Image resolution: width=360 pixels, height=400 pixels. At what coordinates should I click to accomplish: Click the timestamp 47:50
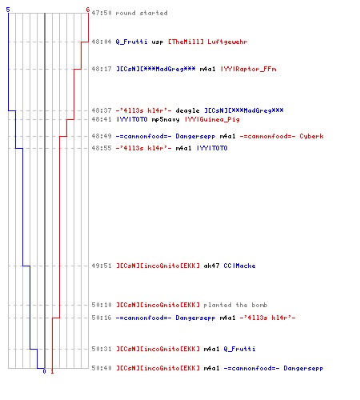tap(102, 13)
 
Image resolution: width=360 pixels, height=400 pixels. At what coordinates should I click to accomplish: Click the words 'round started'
tap(142, 13)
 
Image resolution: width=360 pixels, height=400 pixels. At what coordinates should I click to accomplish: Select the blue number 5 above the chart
tap(8, 10)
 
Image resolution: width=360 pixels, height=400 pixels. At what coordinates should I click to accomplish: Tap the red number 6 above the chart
tap(88, 10)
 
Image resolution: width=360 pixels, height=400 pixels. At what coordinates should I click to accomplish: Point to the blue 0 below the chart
tap(44, 371)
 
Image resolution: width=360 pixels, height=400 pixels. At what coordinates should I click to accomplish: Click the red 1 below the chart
tap(52, 371)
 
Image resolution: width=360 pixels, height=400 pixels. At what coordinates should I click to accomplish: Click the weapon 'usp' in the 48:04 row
tap(158, 42)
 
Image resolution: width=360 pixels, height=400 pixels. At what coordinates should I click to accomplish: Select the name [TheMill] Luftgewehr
tap(208, 42)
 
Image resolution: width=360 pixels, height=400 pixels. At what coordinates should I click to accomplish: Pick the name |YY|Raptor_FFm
tap(249, 69)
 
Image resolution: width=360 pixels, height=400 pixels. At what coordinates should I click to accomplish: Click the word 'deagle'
tap(187, 110)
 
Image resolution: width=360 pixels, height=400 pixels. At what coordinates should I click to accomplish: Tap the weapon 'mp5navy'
tap(166, 119)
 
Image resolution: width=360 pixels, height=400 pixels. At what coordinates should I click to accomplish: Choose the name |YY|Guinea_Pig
tap(212, 119)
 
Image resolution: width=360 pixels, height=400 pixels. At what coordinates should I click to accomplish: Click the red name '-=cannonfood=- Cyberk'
tap(282, 136)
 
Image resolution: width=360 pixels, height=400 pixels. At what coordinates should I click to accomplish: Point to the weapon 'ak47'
tap(211, 266)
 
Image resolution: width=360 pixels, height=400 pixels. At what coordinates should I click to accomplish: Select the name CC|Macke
tap(239, 266)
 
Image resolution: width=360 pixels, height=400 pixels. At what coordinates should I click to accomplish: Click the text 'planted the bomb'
tap(235, 305)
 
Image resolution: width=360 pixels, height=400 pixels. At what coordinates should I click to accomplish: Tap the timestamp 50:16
tap(102, 318)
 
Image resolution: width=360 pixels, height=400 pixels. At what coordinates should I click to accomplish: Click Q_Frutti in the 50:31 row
tap(239, 349)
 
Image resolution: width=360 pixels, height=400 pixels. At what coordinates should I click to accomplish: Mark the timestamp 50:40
tap(102, 368)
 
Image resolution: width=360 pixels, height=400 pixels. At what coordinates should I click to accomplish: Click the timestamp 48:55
tap(102, 148)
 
